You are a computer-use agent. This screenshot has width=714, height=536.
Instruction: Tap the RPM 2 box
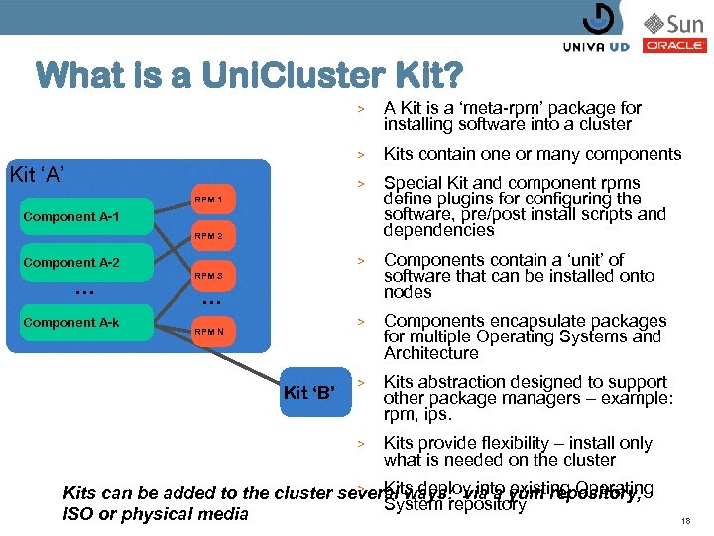[x=208, y=236]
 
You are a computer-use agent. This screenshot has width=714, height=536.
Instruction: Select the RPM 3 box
[x=208, y=275]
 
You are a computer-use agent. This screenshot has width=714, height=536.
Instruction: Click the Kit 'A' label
[x=38, y=176]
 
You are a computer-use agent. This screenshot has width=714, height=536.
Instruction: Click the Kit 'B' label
[x=310, y=392]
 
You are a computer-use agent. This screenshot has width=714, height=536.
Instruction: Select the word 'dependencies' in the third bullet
[x=438, y=230]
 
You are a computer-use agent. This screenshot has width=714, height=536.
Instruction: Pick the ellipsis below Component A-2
[x=84, y=292]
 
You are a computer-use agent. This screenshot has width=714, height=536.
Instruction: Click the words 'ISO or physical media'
[x=156, y=514]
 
